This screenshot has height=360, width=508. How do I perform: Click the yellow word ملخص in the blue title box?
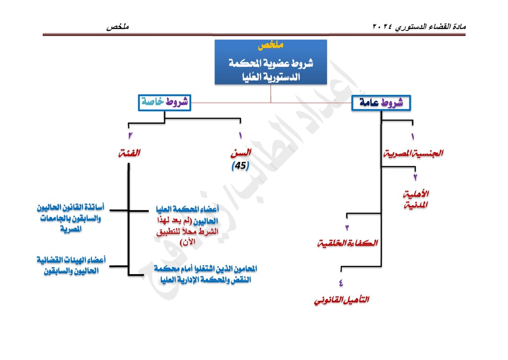(270, 45)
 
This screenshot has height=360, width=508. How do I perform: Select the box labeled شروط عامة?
(381, 103)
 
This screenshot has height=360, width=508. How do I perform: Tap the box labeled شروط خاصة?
(165, 103)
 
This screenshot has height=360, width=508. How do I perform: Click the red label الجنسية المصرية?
(413, 153)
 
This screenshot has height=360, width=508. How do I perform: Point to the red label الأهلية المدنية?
(416, 200)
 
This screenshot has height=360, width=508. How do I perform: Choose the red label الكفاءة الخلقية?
(348, 243)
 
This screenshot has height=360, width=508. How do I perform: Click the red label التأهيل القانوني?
(341, 300)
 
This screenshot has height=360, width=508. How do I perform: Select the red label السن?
(241, 153)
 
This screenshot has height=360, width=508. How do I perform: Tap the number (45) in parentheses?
(241, 166)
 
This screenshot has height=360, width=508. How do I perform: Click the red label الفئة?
(129, 153)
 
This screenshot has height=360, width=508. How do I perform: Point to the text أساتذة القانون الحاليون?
(70, 208)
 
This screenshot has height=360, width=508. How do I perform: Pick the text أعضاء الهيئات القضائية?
(71, 260)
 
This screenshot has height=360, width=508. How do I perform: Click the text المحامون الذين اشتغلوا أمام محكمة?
(205, 269)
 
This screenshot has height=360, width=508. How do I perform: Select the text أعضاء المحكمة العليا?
(187, 209)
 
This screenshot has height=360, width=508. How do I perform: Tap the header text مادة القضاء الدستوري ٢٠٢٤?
(419, 27)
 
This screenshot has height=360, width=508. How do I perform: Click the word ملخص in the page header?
(118, 27)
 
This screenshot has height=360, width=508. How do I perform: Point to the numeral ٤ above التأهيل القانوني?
(341, 283)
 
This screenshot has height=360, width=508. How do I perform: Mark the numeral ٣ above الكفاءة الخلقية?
(347, 228)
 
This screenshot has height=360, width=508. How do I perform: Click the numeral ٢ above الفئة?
(130, 135)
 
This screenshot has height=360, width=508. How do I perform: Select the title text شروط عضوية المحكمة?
(271, 63)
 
